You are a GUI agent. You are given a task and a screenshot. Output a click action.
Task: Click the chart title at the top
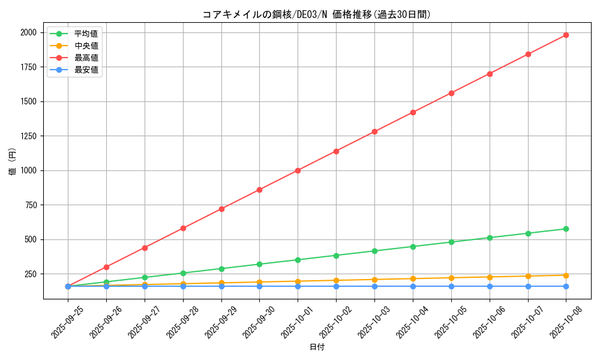(317, 14)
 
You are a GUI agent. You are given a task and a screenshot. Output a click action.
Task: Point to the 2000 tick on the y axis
(28, 32)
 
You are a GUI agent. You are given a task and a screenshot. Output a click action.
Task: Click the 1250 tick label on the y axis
(28, 136)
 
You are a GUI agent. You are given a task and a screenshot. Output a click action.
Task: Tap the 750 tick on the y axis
(30, 205)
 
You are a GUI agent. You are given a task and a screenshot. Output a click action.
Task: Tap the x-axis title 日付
(317, 347)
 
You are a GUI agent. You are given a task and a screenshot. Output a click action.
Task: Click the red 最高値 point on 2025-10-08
(566, 35)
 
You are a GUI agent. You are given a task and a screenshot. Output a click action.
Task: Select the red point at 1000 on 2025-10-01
(298, 170)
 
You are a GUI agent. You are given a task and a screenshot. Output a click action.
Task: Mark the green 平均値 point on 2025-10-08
(566, 229)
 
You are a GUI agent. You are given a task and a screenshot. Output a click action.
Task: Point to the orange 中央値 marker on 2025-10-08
(566, 275)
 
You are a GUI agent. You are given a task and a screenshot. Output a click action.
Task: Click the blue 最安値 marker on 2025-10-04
(413, 286)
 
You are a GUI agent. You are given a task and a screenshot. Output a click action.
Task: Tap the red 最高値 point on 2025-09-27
(145, 248)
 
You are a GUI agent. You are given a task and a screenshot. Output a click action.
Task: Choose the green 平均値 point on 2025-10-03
(374, 251)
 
